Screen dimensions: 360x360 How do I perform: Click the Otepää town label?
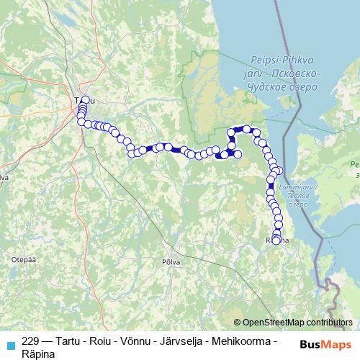[x=19, y=257]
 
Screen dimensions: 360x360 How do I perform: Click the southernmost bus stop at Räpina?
[x=276, y=240]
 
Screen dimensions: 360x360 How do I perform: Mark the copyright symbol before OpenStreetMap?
[x=238, y=323]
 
